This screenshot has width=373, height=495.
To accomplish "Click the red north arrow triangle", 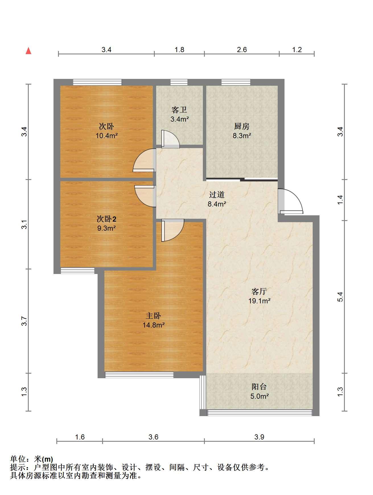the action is [x=28, y=51].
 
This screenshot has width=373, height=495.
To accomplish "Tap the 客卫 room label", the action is [x=179, y=110].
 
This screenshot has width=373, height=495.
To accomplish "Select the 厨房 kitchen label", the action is [x=242, y=126].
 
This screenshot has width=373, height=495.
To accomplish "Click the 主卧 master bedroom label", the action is [x=154, y=316].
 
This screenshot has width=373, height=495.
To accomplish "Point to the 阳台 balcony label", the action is [x=259, y=386].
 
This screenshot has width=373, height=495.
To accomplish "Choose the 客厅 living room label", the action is [x=259, y=291].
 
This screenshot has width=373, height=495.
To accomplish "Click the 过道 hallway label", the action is [x=217, y=195].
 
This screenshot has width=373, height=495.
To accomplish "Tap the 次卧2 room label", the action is [x=106, y=219].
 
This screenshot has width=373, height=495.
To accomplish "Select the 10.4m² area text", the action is [x=107, y=136].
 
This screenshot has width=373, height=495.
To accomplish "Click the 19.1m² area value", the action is [x=259, y=301].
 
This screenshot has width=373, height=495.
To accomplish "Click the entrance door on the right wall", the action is [x=290, y=201].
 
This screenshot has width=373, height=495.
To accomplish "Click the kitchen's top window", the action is [x=236, y=82].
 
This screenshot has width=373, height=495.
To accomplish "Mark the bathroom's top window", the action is [x=179, y=82].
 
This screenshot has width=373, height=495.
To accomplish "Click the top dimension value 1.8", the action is [x=179, y=50].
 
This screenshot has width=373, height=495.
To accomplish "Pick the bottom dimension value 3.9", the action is [x=259, y=437].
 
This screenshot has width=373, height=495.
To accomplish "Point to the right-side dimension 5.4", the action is [x=340, y=297].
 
